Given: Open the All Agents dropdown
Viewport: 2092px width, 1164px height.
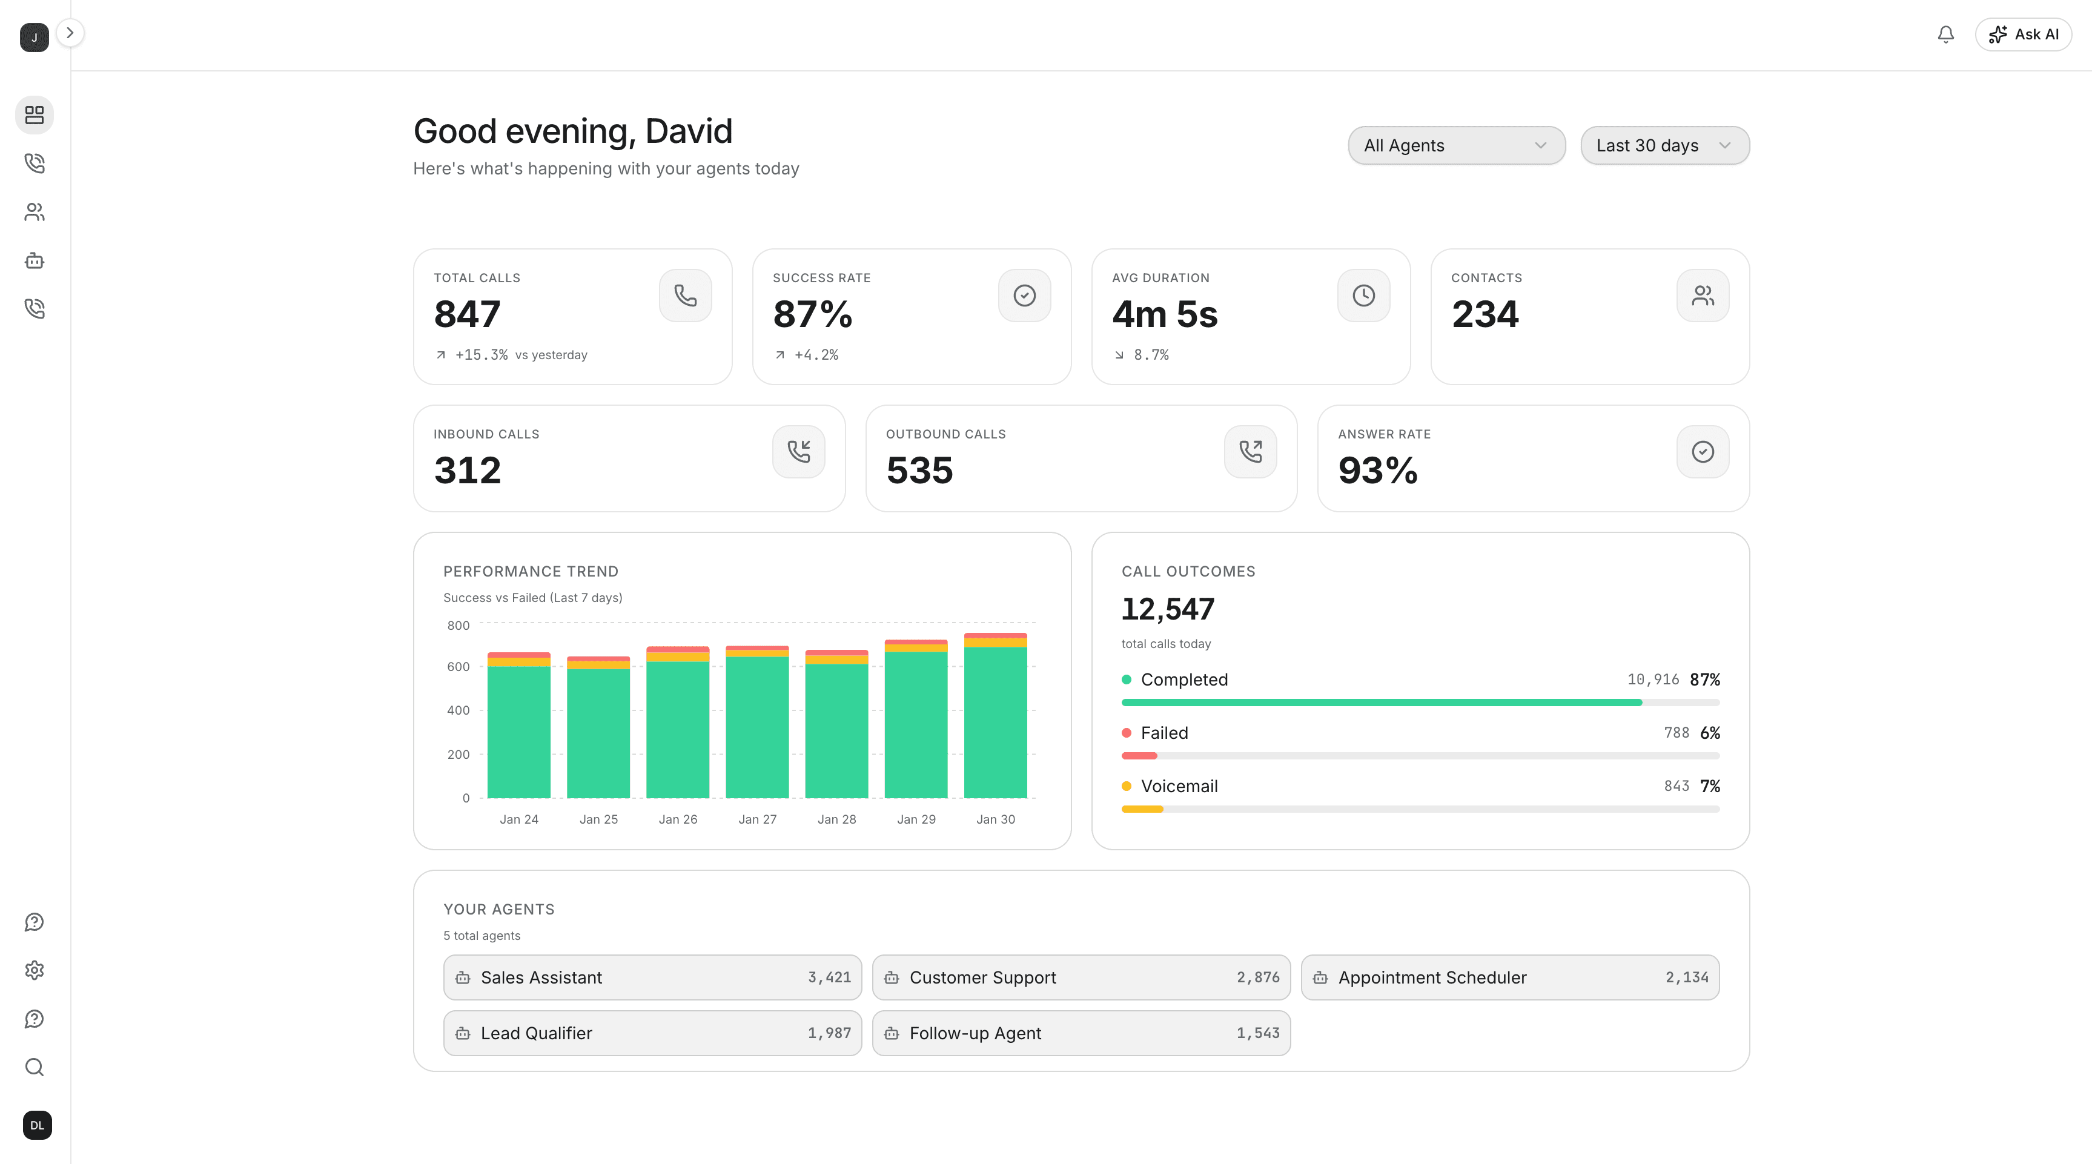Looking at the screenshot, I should coord(1455,145).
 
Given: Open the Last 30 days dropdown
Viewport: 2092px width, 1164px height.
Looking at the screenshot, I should coord(1664,145).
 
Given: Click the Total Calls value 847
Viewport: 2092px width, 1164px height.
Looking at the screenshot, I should coord(467,314).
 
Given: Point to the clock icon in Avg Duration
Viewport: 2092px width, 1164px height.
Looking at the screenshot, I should coord(1363,296).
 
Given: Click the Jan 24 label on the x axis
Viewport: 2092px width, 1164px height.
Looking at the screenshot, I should coord(519,819).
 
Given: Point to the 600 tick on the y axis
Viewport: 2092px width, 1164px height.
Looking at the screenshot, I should coord(458,667).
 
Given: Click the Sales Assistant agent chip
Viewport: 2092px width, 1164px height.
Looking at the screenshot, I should coord(652,977).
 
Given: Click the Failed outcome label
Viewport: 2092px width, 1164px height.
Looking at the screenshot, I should coord(1164,733).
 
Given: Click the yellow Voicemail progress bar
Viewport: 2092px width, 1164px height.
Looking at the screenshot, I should coord(1142,809).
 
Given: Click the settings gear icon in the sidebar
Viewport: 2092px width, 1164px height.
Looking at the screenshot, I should coord(34,971).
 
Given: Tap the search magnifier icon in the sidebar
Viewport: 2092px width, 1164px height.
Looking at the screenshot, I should coord(34,1067).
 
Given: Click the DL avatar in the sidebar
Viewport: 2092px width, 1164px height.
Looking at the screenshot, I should coord(38,1125).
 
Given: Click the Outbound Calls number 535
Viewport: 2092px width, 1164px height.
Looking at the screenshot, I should coord(919,471).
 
